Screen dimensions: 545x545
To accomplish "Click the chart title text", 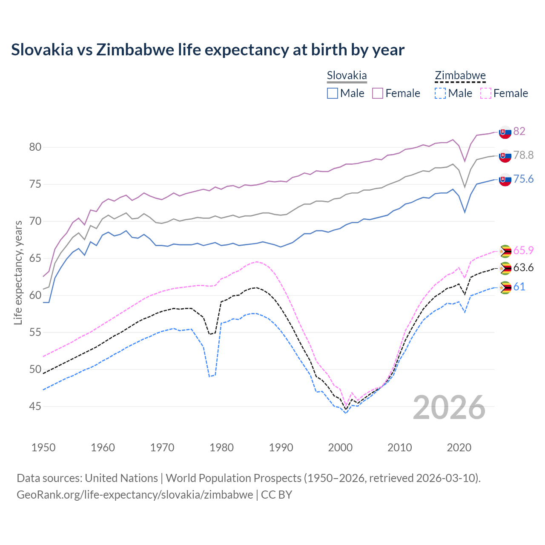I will click(207, 50).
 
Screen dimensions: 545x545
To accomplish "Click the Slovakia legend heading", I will click(347, 76).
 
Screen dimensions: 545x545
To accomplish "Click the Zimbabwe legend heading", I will click(460, 76).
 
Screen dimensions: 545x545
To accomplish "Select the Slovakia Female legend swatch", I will click(378, 93).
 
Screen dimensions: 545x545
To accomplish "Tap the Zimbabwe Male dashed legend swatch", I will click(440, 93).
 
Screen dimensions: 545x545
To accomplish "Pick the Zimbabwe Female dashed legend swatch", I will click(486, 93).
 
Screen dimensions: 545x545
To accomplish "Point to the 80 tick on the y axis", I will click(35, 147).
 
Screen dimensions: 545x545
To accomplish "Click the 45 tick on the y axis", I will click(35, 407).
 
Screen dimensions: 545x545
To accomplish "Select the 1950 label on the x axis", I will click(43, 447).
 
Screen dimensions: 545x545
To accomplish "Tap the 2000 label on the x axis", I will click(340, 447).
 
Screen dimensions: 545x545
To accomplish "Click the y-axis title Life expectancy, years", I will click(18, 272).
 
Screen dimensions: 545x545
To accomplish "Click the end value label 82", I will click(519, 131).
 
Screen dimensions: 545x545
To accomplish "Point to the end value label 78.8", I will click(523, 155).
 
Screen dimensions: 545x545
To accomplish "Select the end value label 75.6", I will click(523, 179).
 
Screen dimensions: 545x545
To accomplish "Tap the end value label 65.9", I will click(523, 250).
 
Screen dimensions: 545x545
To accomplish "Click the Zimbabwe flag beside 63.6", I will click(505, 269).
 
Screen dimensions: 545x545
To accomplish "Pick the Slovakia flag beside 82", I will click(505, 132).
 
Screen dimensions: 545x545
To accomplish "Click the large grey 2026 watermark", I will click(449, 407).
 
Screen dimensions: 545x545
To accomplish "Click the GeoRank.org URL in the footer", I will click(135, 495).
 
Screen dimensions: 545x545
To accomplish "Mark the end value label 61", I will click(519, 287).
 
